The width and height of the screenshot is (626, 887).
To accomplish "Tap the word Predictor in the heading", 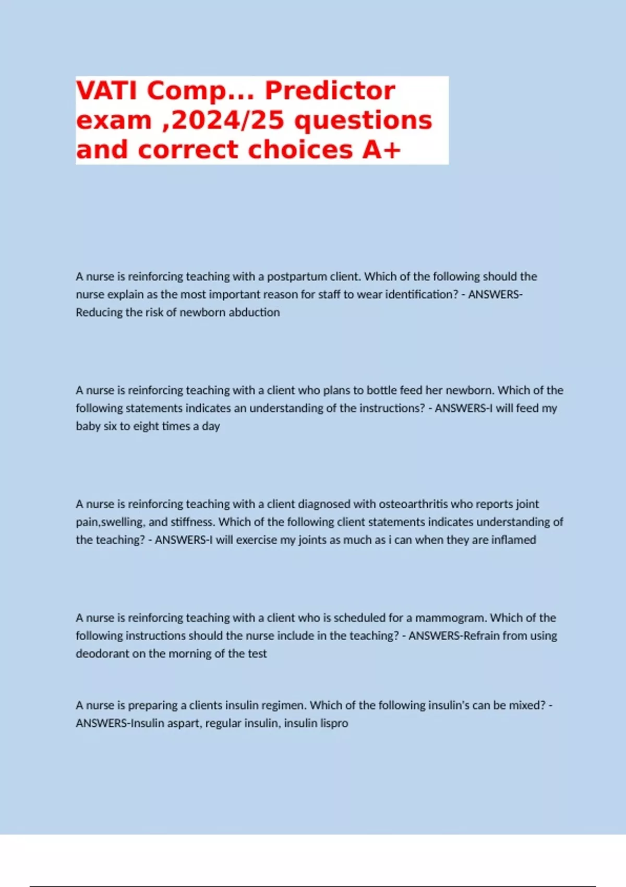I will pos(330,91).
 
